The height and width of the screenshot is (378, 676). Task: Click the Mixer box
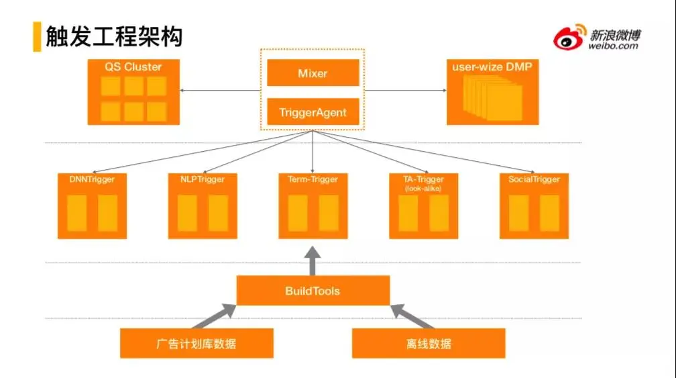tap(313, 73)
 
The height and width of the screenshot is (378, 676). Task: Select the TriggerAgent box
tap(313, 112)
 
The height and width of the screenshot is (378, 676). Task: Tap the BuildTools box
tap(313, 291)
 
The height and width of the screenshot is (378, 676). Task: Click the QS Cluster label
tap(133, 67)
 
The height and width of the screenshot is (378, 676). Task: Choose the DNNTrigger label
tap(92, 179)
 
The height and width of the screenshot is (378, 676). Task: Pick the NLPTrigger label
tap(203, 179)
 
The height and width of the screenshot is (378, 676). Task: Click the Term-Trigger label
tap(313, 179)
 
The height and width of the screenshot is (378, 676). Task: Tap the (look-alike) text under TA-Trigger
tap(423, 189)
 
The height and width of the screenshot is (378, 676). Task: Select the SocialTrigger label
tap(534, 179)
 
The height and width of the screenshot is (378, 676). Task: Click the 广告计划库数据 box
tap(196, 344)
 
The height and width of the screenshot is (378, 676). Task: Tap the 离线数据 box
tap(429, 344)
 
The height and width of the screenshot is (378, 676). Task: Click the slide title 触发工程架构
tap(114, 37)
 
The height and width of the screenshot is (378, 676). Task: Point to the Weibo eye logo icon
tap(569, 38)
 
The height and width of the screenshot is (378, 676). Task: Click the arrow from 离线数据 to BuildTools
tap(409, 317)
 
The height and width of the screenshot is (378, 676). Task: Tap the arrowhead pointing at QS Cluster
tap(182, 91)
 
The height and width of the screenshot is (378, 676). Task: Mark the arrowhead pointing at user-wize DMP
tap(443, 91)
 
